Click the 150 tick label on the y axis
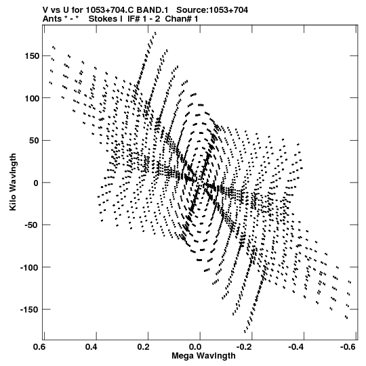[x=32, y=56]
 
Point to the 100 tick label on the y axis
[x=32, y=98]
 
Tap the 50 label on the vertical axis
[x=34, y=141]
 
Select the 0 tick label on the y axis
[x=36, y=183]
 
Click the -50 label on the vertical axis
[x=32, y=225]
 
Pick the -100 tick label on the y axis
[x=30, y=267]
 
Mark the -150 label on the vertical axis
[x=30, y=310]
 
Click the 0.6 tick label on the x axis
[x=40, y=347]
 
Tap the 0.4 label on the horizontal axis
[x=91, y=347]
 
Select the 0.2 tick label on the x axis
[x=144, y=347]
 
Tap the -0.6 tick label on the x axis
[x=348, y=347]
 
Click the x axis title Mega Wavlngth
[x=203, y=356]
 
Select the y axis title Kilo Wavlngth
[x=13, y=182]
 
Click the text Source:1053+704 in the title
[x=212, y=10]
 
